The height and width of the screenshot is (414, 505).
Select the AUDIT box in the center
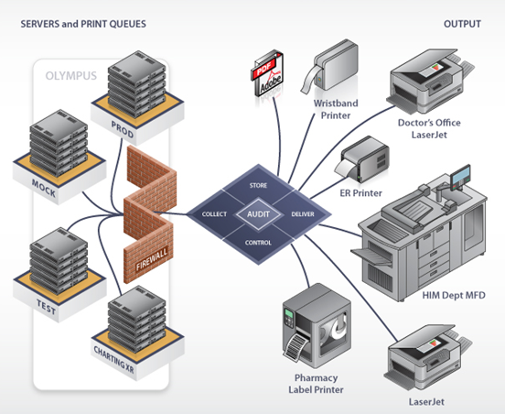(258, 213)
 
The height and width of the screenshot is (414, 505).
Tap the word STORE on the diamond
(258, 185)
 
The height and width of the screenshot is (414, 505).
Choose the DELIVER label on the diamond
(302, 213)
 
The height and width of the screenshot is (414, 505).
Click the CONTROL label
(258, 243)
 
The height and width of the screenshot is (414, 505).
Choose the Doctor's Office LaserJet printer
(426, 81)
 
